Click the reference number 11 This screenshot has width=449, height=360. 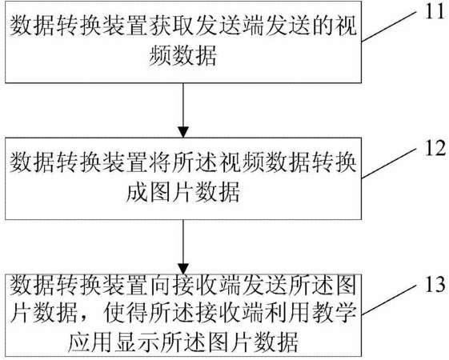pyautogui.click(x=435, y=12)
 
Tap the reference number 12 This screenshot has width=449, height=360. pyautogui.click(x=435, y=148)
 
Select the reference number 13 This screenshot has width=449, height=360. pyautogui.click(x=435, y=285)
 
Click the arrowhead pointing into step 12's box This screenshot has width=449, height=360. pyautogui.click(x=183, y=132)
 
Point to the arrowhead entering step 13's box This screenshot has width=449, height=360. pyautogui.click(x=183, y=269)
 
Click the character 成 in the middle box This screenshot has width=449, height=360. pyautogui.click(x=136, y=192)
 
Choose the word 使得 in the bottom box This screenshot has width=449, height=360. pyautogui.click(x=126, y=314)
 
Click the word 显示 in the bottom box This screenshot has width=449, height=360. pyautogui.click(x=136, y=342)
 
